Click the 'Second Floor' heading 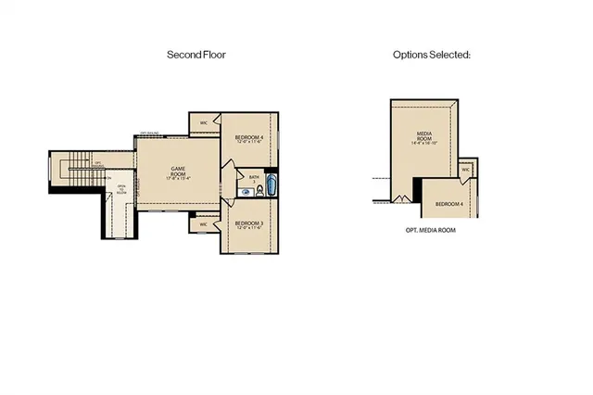196,55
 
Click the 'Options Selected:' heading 432,55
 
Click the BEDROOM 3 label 248,223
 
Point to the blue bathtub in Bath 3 271,184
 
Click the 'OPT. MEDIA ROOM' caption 431,229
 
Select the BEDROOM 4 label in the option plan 449,202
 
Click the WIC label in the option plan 466,170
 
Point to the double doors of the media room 400,197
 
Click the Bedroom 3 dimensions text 248,229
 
